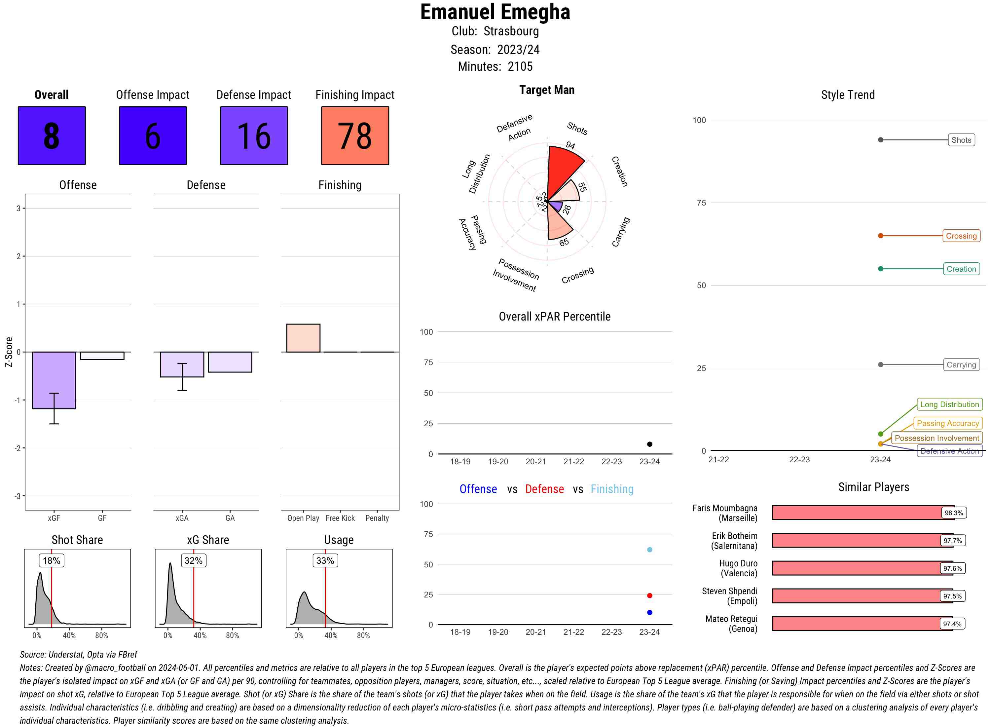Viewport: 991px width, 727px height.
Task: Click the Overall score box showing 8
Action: pyautogui.click(x=52, y=135)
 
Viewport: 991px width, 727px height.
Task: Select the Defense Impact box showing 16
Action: pyautogui.click(x=254, y=135)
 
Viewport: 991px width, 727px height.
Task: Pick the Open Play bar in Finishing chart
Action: pyautogui.click(x=303, y=338)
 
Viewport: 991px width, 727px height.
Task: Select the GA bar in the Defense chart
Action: pyautogui.click(x=230, y=362)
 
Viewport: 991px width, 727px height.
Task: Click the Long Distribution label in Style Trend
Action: pyautogui.click(x=949, y=404)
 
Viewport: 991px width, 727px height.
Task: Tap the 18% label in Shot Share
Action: pyautogui.click(x=52, y=561)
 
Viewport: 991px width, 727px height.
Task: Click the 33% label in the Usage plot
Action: pyautogui.click(x=325, y=561)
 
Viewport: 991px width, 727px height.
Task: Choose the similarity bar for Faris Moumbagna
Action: pyautogui.click(x=862, y=513)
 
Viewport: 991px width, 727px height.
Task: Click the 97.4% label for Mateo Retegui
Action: pyautogui.click(x=952, y=624)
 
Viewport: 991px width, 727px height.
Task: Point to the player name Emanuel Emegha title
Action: pyautogui.click(x=495, y=12)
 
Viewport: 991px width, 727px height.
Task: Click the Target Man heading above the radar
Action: pyautogui.click(x=547, y=90)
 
